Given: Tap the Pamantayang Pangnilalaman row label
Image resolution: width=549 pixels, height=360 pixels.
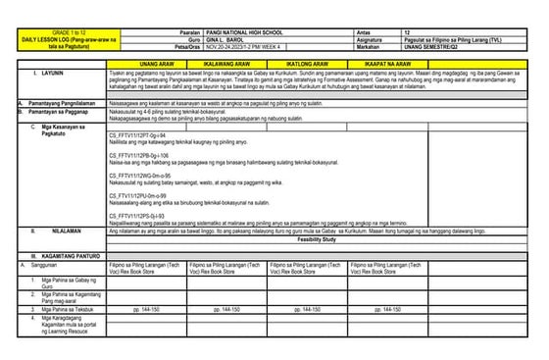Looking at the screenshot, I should (x=56, y=101).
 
